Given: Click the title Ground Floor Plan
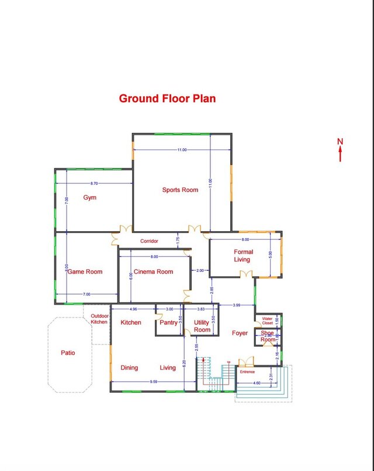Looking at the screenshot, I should [167, 99].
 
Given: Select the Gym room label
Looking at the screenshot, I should [89, 197].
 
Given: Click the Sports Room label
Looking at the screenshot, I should [180, 190].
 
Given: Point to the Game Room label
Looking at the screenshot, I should [85, 271].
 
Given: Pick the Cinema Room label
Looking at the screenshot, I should [153, 271].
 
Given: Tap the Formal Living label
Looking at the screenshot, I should [243, 256].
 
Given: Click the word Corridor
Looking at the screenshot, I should [149, 241].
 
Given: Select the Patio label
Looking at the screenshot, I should [68, 353].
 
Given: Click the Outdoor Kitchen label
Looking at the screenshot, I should [99, 319].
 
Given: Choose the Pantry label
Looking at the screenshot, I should [169, 322].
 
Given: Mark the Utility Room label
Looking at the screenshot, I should [202, 326].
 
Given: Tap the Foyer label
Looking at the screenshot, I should [240, 333].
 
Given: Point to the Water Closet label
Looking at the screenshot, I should [267, 320].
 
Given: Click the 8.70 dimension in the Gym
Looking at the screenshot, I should [94, 184].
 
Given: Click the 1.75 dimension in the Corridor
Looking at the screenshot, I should [177, 239].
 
